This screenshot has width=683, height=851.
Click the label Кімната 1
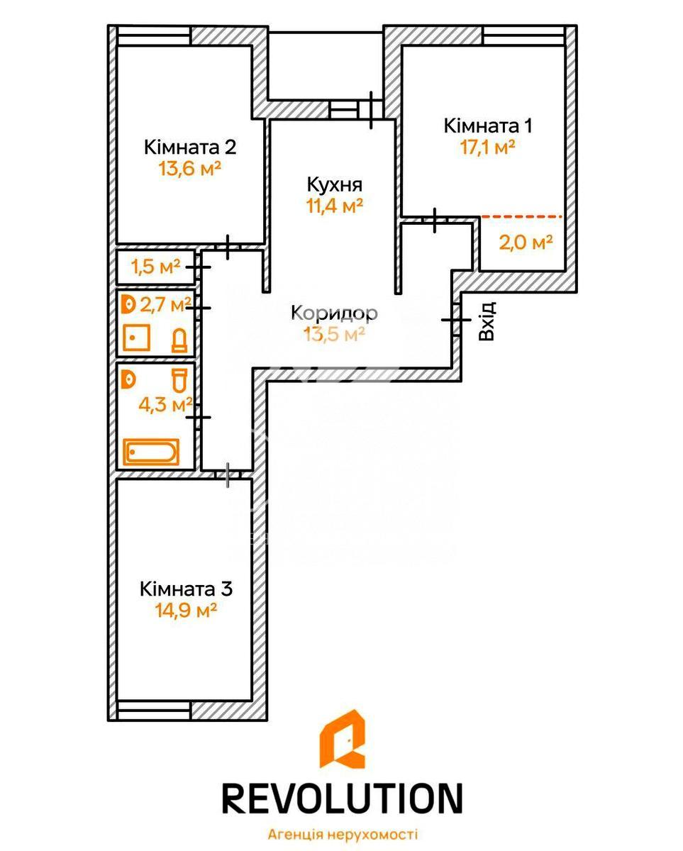[488, 126]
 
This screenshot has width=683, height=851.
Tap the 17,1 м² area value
[488, 147]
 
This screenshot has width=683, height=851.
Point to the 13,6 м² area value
[189, 169]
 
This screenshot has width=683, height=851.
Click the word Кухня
[335, 184]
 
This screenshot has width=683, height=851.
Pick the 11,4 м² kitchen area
[335, 206]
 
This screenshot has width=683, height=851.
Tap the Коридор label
[335, 313]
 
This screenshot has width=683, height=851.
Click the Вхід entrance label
[486, 321]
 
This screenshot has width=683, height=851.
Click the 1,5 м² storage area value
[155, 267]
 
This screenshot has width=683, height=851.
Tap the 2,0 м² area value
[526, 242]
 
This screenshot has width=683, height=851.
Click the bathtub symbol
[151, 452]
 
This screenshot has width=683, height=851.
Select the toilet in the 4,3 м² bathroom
[180, 380]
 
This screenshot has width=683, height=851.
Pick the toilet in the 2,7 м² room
[179, 340]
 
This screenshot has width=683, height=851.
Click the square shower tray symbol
[136, 338]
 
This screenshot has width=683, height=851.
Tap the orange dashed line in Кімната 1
[521, 216]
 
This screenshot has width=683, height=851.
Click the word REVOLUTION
[342, 787]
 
